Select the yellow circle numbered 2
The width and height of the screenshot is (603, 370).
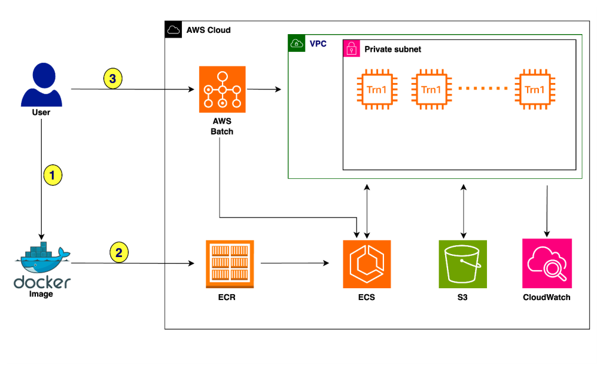[119, 253]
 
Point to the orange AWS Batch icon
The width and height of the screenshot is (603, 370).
[222, 89]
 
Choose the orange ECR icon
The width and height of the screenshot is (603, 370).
[230, 264]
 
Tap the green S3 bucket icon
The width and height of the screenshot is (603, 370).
[463, 264]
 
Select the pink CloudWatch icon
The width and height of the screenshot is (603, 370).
[547, 263]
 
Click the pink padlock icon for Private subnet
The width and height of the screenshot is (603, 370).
[352, 49]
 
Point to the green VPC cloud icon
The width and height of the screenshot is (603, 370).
[296, 44]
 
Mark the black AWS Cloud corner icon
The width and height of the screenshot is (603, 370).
[173, 29]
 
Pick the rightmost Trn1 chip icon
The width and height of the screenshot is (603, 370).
[535, 89]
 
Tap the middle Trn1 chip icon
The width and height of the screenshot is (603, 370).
[431, 89]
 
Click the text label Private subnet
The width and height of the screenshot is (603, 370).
[393, 49]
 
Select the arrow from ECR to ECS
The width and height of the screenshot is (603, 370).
[294, 263]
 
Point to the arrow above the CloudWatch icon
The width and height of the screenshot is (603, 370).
[548, 209]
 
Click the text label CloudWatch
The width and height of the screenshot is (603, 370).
[546, 297]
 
